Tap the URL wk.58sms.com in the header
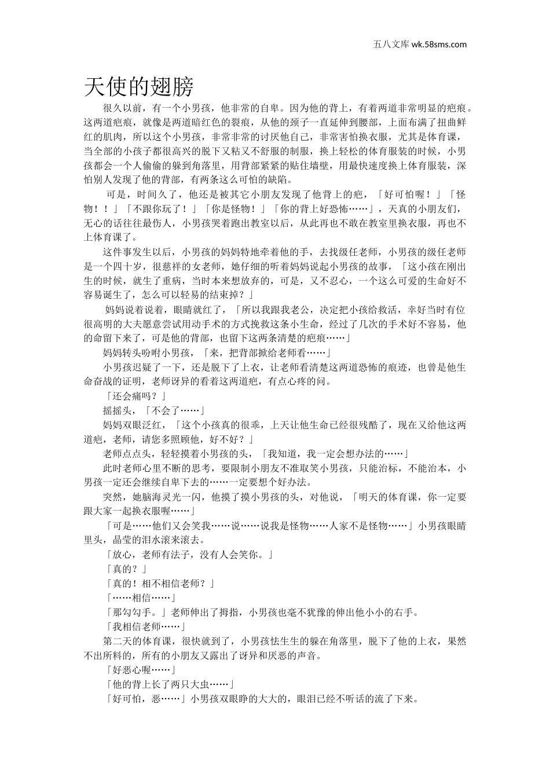click(439, 44)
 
